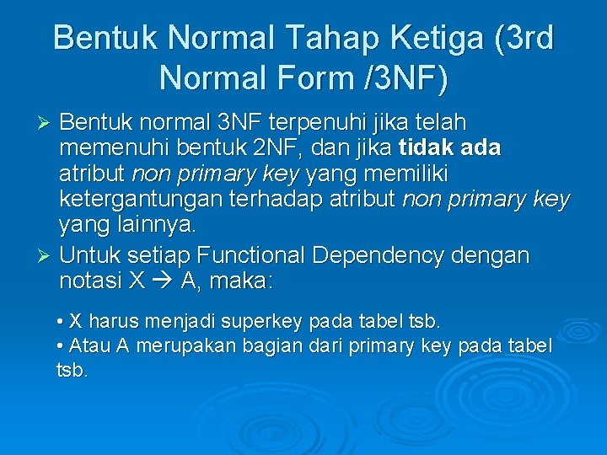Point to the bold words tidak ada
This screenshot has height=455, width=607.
449,148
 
